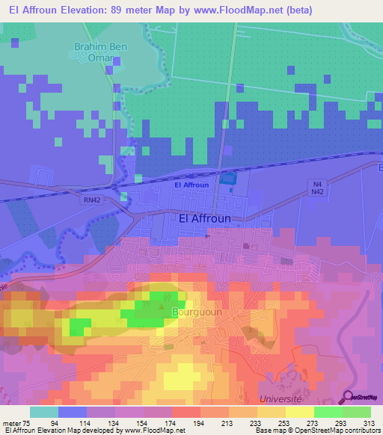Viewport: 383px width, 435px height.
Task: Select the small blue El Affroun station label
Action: [x=191, y=185]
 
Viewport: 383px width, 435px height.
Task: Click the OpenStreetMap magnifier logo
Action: [x=349, y=396]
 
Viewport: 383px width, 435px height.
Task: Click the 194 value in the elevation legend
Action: [x=198, y=422]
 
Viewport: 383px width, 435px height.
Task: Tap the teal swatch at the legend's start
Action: [x=43, y=412]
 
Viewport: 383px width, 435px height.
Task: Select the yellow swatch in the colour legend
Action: [x=298, y=412]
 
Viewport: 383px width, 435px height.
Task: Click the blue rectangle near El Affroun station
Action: [x=227, y=178]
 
